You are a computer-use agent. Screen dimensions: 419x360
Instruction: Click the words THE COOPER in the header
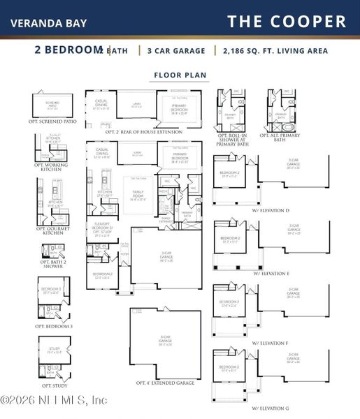pos(287,22)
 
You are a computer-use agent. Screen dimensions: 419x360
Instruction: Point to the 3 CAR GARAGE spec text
pos(175,50)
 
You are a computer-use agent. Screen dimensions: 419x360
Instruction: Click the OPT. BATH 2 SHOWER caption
pos(53,265)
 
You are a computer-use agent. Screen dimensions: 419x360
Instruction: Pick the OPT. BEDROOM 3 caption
pos(53,325)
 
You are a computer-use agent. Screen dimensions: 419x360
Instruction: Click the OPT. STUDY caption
pos(53,385)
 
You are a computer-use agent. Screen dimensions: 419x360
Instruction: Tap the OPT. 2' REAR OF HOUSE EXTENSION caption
pos(147,131)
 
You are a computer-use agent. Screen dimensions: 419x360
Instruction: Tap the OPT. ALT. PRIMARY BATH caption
pos(285,138)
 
